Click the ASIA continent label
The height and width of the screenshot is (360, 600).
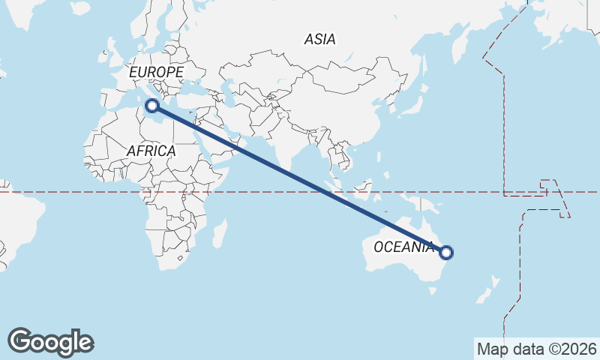(319, 40)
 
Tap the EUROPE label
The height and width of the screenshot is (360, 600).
(156, 72)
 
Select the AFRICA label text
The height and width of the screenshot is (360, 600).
(151, 151)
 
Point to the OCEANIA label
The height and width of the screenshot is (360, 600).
(403, 247)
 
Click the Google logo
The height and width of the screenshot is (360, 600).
(50, 341)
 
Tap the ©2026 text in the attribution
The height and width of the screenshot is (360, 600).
(569, 349)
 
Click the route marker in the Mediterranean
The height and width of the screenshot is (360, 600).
(153, 106)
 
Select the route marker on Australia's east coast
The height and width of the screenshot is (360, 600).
(446, 253)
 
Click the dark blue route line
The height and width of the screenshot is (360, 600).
(300, 179)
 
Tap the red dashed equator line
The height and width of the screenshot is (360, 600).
(75, 192)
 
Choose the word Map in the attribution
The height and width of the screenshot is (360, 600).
(493, 349)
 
